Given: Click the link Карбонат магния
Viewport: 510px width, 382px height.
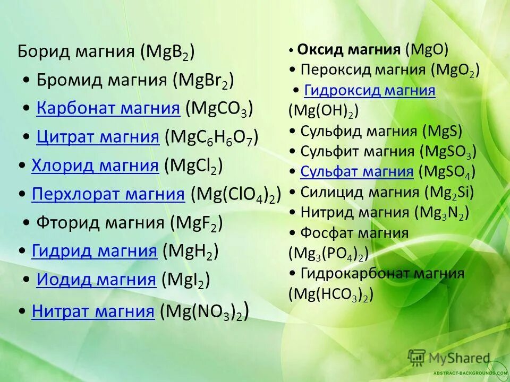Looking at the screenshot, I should [x=108, y=109].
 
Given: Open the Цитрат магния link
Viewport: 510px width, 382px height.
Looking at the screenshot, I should [x=98, y=137].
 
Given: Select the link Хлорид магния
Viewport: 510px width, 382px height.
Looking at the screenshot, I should [x=95, y=166].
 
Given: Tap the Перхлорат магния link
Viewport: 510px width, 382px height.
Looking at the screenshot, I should [x=108, y=195].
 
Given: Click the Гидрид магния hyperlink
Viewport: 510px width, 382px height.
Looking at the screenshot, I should [x=95, y=251].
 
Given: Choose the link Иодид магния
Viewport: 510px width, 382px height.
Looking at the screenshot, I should [x=96, y=279].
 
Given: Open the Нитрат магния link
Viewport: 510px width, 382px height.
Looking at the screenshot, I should [x=93, y=311].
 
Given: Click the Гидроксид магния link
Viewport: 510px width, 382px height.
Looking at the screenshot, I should [x=370, y=90].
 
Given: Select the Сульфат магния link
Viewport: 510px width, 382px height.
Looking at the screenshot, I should [x=357, y=171].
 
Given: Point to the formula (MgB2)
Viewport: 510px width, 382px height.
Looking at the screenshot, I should [x=167, y=53].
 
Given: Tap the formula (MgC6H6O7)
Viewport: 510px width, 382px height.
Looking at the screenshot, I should [x=211, y=138].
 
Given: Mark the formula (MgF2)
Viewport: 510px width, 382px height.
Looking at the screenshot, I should [x=197, y=223].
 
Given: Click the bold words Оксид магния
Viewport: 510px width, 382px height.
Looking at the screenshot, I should [x=348, y=50].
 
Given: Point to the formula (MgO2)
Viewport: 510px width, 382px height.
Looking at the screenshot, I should [x=455, y=70].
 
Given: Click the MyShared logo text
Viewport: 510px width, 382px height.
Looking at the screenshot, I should [x=461, y=358].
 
